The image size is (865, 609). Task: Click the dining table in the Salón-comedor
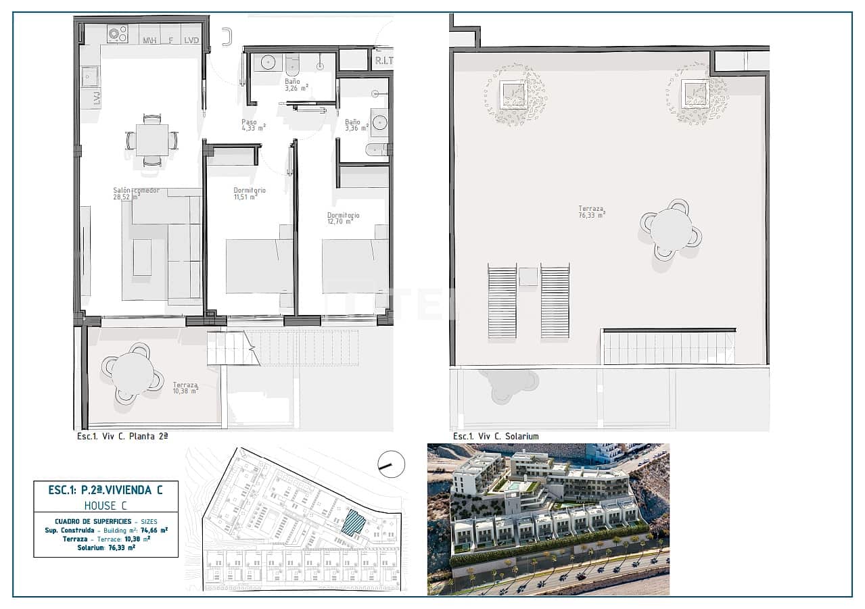[x=152, y=141]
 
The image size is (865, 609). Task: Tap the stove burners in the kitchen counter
[x=117, y=34]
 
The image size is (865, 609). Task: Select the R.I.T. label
[x=383, y=61]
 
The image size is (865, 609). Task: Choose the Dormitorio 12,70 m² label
[x=342, y=218]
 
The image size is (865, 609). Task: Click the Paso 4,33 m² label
[x=253, y=126]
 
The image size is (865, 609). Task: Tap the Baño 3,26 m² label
[x=296, y=84]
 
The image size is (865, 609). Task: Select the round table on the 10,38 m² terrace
[x=133, y=373]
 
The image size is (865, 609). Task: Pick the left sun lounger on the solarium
[x=502, y=301]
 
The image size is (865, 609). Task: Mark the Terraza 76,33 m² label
[x=592, y=212]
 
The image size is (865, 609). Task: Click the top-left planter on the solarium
[x=515, y=94]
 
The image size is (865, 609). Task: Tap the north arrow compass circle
[x=391, y=464]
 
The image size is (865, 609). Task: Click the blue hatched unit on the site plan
[x=352, y=523]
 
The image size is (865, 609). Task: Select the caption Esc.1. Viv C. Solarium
[x=496, y=437]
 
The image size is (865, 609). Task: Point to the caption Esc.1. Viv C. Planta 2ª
[x=122, y=437]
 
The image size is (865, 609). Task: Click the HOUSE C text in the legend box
[x=106, y=505]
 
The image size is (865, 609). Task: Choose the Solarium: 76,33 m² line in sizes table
[x=106, y=547]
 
